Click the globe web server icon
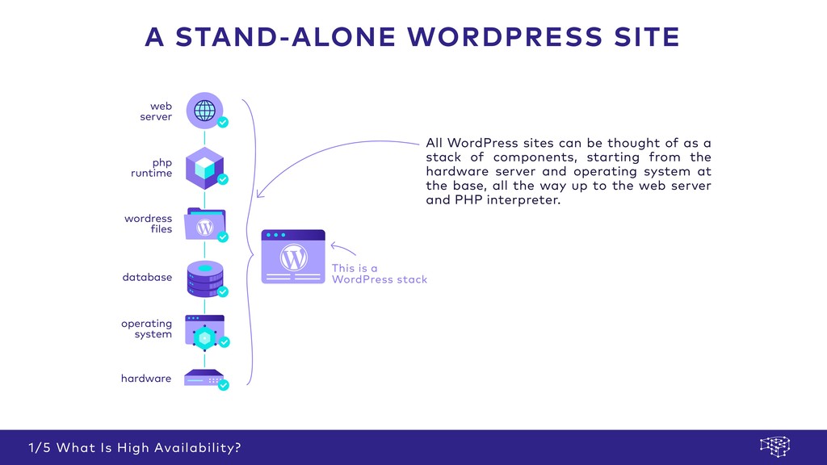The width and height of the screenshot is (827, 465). (204, 110)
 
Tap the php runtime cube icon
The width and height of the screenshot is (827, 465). (204, 166)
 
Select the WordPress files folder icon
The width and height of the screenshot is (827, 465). (205, 224)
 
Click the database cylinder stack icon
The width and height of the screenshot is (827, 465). (205, 278)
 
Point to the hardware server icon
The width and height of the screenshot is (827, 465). (204, 378)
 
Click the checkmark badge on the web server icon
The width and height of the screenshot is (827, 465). (223, 123)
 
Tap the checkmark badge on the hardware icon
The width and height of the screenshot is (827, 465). (224, 385)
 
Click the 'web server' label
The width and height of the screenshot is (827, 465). (156, 111)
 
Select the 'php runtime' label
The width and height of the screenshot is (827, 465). (152, 168)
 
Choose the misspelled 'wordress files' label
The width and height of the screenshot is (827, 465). (149, 224)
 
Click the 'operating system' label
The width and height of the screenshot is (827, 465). (147, 329)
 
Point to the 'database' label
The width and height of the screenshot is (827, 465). (147, 277)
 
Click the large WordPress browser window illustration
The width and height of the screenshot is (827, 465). (293, 257)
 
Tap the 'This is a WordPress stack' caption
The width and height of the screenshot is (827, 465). (379, 274)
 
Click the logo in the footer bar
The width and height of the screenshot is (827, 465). (775, 446)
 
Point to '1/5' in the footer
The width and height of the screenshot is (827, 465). (39, 447)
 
